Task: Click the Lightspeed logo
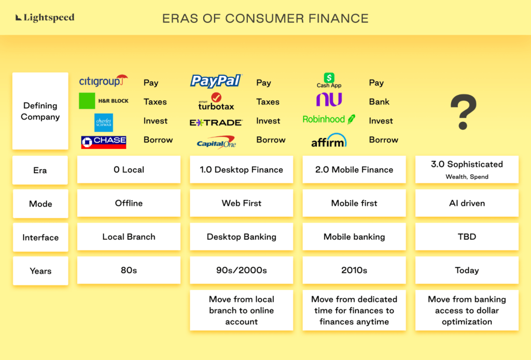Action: pos(45,18)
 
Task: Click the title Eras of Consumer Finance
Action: pos(265,18)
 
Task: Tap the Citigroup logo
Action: pos(103,81)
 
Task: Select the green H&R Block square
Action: pos(87,101)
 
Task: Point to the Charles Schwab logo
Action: pos(104,122)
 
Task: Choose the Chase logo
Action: pos(104,142)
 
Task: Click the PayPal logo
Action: pos(216,81)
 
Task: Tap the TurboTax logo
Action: pos(216,102)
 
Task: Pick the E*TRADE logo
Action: pos(216,122)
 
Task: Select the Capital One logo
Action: pos(216,143)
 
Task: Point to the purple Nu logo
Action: pos(329,99)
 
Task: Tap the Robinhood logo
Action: pos(329,119)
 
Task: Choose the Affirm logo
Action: pos(329,141)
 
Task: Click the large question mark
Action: pos(464,112)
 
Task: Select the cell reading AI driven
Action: pos(467,203)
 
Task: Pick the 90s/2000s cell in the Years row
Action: pos(242,270)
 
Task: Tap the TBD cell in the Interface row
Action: pos(467,237)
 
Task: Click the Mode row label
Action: pos(40,203)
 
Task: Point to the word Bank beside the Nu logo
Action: pos(379,102)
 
